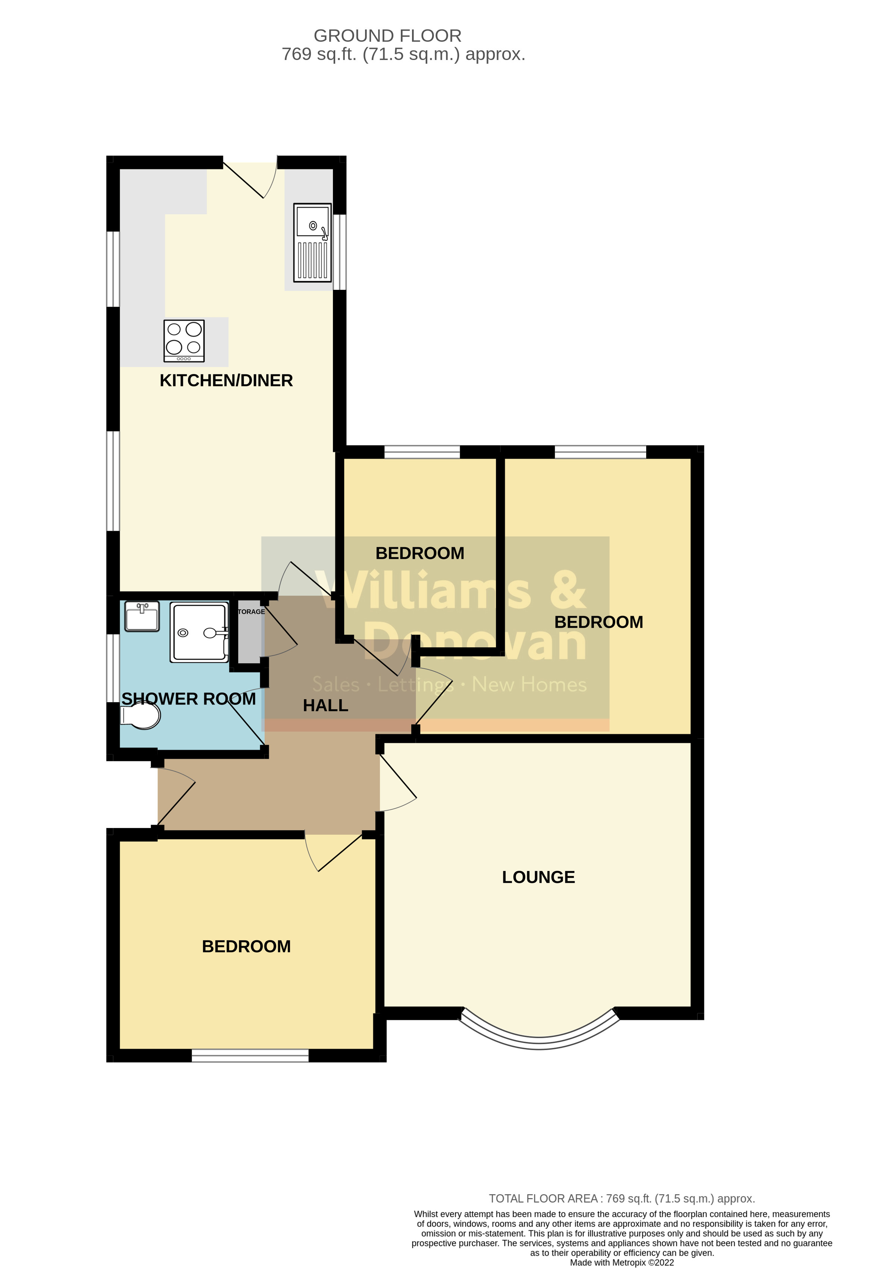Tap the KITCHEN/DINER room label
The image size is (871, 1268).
pyautogui.click(x=226, y=380)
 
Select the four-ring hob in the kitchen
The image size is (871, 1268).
pyautogui.click(x=184, y=340)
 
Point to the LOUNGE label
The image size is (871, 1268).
pyautogui.click(x=538, y=877)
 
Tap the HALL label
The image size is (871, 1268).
pyautogui.click(x=326, y=706)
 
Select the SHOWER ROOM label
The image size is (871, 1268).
pyautogui.click(x=188, y=699)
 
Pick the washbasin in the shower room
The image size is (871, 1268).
pyautogui.click(x=142, y=616)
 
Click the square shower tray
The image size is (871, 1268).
pyautogui.click(x=199, y=633)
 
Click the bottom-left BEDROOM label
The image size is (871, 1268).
pyautogui.click(x=246, y=946)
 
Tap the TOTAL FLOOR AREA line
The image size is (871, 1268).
pyautogui.click(x=622, y=1199)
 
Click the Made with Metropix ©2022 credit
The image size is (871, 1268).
pyautogui.click(x=622, y=1262)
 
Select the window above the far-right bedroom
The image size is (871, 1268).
pyautogui.click(x=600, y=452)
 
